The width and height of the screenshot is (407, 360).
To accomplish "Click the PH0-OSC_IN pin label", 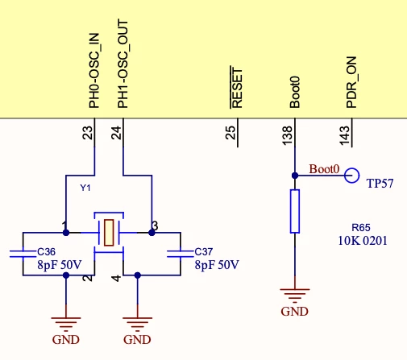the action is (x=94, y=71).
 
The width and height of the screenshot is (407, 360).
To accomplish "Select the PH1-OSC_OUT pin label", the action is (x=123, y=64).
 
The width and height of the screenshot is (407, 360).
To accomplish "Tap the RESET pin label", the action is (x=237, y=87).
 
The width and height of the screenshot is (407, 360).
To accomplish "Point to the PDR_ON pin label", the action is (x=351, y=82).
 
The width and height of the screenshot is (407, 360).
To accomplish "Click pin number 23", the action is (x=87, y=133).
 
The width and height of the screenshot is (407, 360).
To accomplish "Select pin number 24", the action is (x=116, y=133).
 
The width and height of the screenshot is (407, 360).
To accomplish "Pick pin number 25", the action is (x=230, y=133).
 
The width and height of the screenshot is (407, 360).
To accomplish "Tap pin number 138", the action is (x=287, y=135).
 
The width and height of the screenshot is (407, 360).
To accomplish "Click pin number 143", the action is (x=345, y=135).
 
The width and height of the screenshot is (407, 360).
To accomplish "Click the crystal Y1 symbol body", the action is (x=109, y=233).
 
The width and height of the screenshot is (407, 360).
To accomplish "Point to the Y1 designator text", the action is (x=85, y=188).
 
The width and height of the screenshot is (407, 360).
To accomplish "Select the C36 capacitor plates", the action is (x=23, y=254).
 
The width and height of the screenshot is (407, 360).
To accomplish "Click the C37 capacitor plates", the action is (x=181, y=254).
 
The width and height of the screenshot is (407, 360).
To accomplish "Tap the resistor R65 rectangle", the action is (x=295, y=211).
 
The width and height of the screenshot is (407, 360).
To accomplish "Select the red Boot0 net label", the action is (x=324, y=169).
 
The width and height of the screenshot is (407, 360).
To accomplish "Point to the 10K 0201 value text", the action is (x=363, y=241).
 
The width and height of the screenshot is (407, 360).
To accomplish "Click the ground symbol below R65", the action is (x=295, y=295).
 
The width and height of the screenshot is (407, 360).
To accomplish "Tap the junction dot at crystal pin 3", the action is (x=152, y=233).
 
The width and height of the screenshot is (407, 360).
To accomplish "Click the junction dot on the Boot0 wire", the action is (x=295, y=176).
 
